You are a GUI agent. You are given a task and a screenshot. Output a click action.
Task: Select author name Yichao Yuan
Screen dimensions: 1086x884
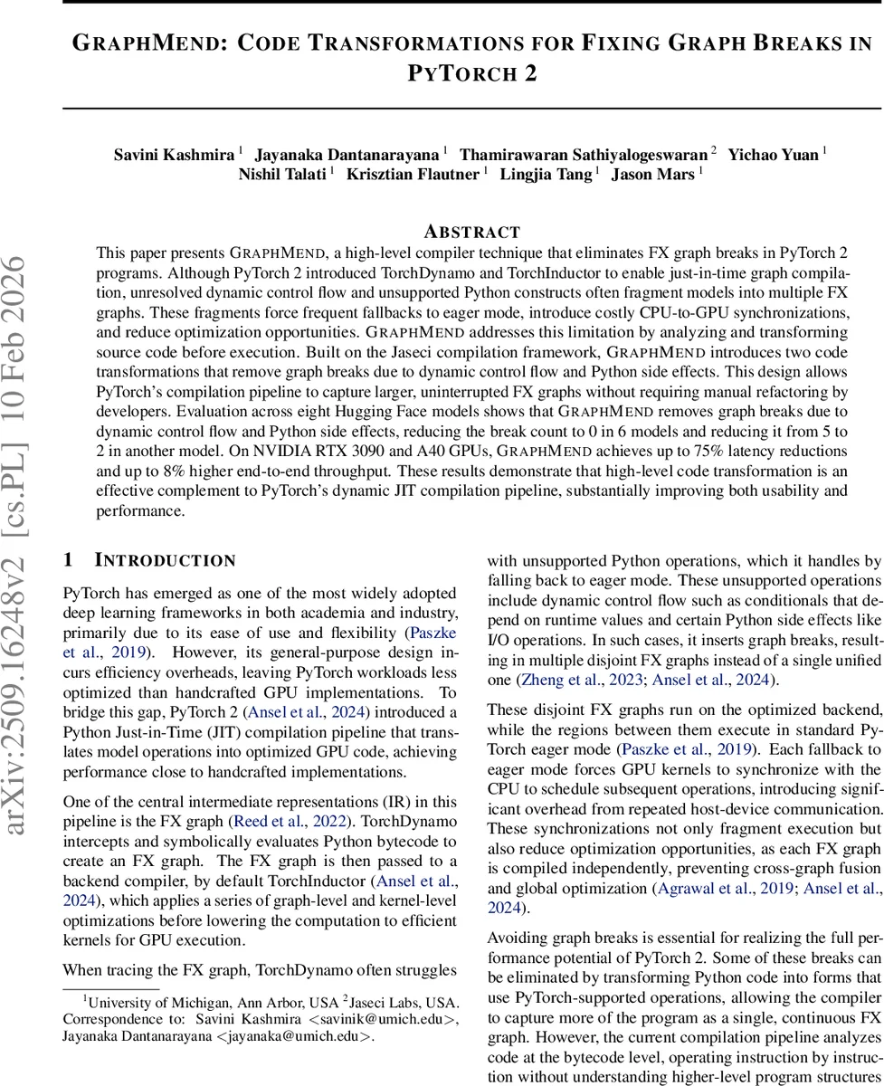point(774,154)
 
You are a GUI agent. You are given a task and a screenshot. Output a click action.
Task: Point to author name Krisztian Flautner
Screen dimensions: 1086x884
point(413,175)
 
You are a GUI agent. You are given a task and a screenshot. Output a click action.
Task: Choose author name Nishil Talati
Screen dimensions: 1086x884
point(283,175)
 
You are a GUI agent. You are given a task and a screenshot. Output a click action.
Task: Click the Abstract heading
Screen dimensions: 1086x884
point(472,232)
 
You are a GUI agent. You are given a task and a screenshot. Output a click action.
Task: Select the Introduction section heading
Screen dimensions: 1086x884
point(165,561)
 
